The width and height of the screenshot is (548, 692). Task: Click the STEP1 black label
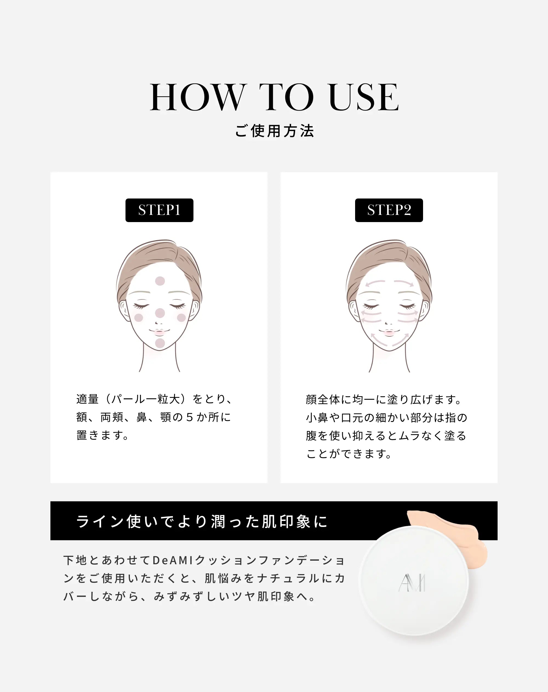click(x=159, y=210)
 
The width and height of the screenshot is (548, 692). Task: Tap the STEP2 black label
click(x=389, y=210)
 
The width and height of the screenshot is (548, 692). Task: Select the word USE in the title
click(x=364, y=97)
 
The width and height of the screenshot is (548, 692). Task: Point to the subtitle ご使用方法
click(x=274, y=131)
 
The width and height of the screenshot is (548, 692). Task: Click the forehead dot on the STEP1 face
click(x=160, y=281)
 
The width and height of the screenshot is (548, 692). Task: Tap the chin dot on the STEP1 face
click(x=160, y=343)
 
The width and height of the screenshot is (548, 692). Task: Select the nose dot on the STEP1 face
click(x=160, y=313)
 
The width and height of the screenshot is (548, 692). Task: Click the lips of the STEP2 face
click(x=389, y=333)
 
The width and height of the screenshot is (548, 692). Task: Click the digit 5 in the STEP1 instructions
click(x=190, y=417)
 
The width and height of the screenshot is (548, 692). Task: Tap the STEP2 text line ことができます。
click(x=349, y=453)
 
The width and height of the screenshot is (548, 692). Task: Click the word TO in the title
click(x=287, y=97)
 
